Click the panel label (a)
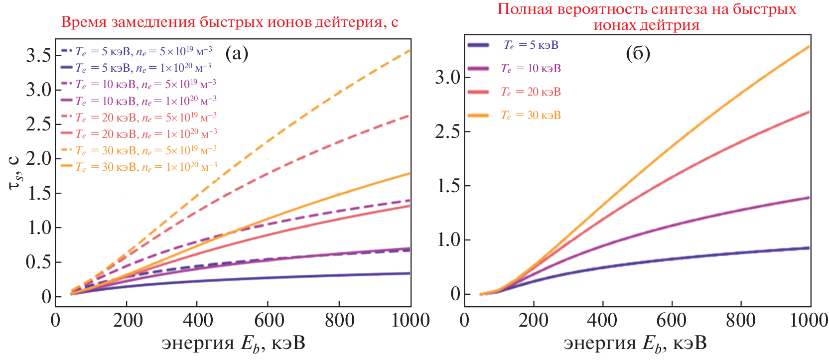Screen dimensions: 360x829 [x=237, y=53]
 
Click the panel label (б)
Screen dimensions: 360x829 [x=638, y=53]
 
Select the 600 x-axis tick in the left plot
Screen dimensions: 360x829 [x=269, y=320]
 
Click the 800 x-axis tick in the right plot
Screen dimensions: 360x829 [x=741, y=320]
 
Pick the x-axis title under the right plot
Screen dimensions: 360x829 [x=635, y=344]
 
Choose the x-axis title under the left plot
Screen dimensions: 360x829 [x=233, y=344]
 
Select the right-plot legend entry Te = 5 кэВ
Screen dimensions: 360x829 [x=531, y=45]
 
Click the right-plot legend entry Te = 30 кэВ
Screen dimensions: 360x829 [x=531, y=116]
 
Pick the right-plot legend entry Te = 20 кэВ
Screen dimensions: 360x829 [x=531, y=92]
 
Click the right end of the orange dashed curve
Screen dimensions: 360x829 [x=410, y=50]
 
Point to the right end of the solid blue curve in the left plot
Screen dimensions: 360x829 [x=410, y=273]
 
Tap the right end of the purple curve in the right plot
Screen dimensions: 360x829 [x=808, y=198]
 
